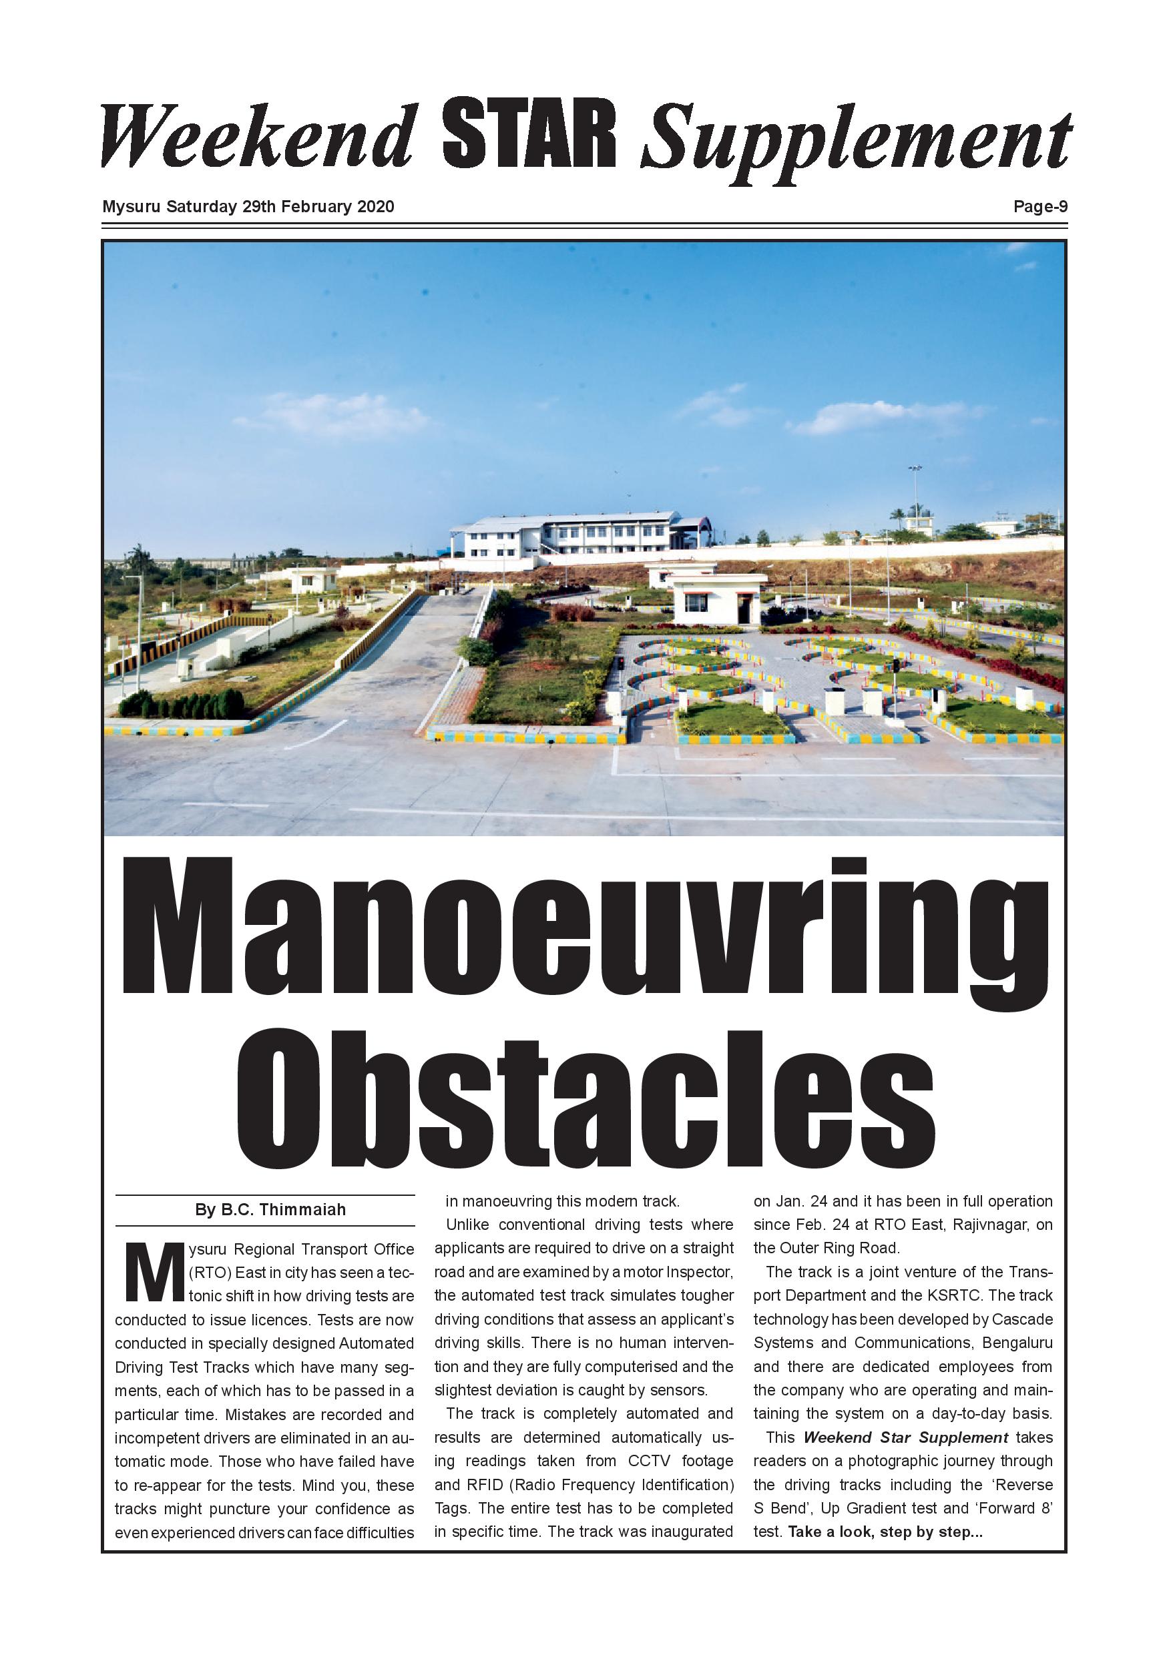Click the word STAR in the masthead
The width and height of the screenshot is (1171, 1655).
[529, 134]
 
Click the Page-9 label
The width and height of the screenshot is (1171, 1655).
[1039, 207]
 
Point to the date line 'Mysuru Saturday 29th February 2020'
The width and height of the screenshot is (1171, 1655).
[248, 207]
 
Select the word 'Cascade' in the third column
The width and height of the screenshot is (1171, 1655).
[1021, 1319]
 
